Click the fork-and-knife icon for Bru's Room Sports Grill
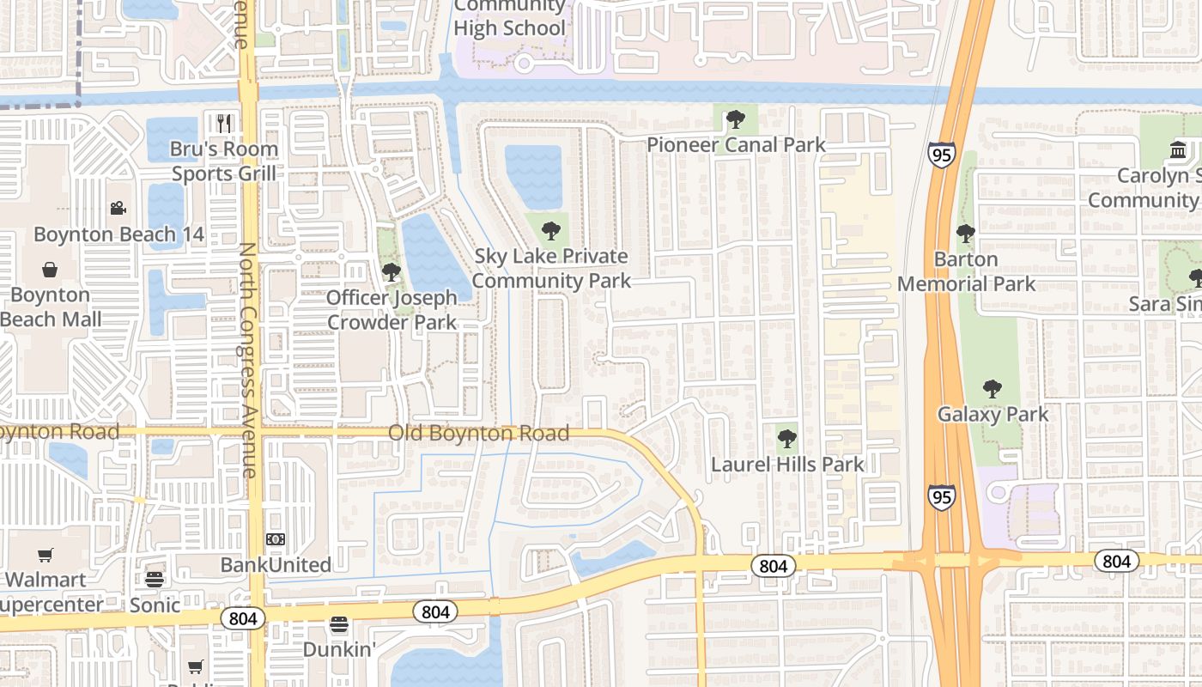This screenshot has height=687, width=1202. point(224,123)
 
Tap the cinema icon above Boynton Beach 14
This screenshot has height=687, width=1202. point(118,209)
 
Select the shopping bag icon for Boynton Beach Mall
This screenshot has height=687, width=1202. point(50,270)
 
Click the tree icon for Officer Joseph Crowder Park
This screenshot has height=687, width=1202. point(391,273)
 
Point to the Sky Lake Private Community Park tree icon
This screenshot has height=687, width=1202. point(550,230)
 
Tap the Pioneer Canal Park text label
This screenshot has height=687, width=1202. point(736,144)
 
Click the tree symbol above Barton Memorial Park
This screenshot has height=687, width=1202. point(966,234)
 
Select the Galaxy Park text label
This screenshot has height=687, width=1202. point(993,414)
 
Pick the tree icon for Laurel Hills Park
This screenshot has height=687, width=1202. point(786,440)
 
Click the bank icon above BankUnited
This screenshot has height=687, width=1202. point(276,539)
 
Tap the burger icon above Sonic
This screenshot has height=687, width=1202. point(155,579)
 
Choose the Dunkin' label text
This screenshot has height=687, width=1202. point(339,649)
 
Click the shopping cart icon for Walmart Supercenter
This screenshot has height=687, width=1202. point(45,556)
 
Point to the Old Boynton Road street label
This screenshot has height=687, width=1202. point(478,433)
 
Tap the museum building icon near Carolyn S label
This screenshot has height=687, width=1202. point(1178,150)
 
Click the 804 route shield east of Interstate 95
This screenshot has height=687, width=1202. point(1116,561)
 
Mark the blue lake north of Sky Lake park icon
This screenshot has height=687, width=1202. point(533,177)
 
